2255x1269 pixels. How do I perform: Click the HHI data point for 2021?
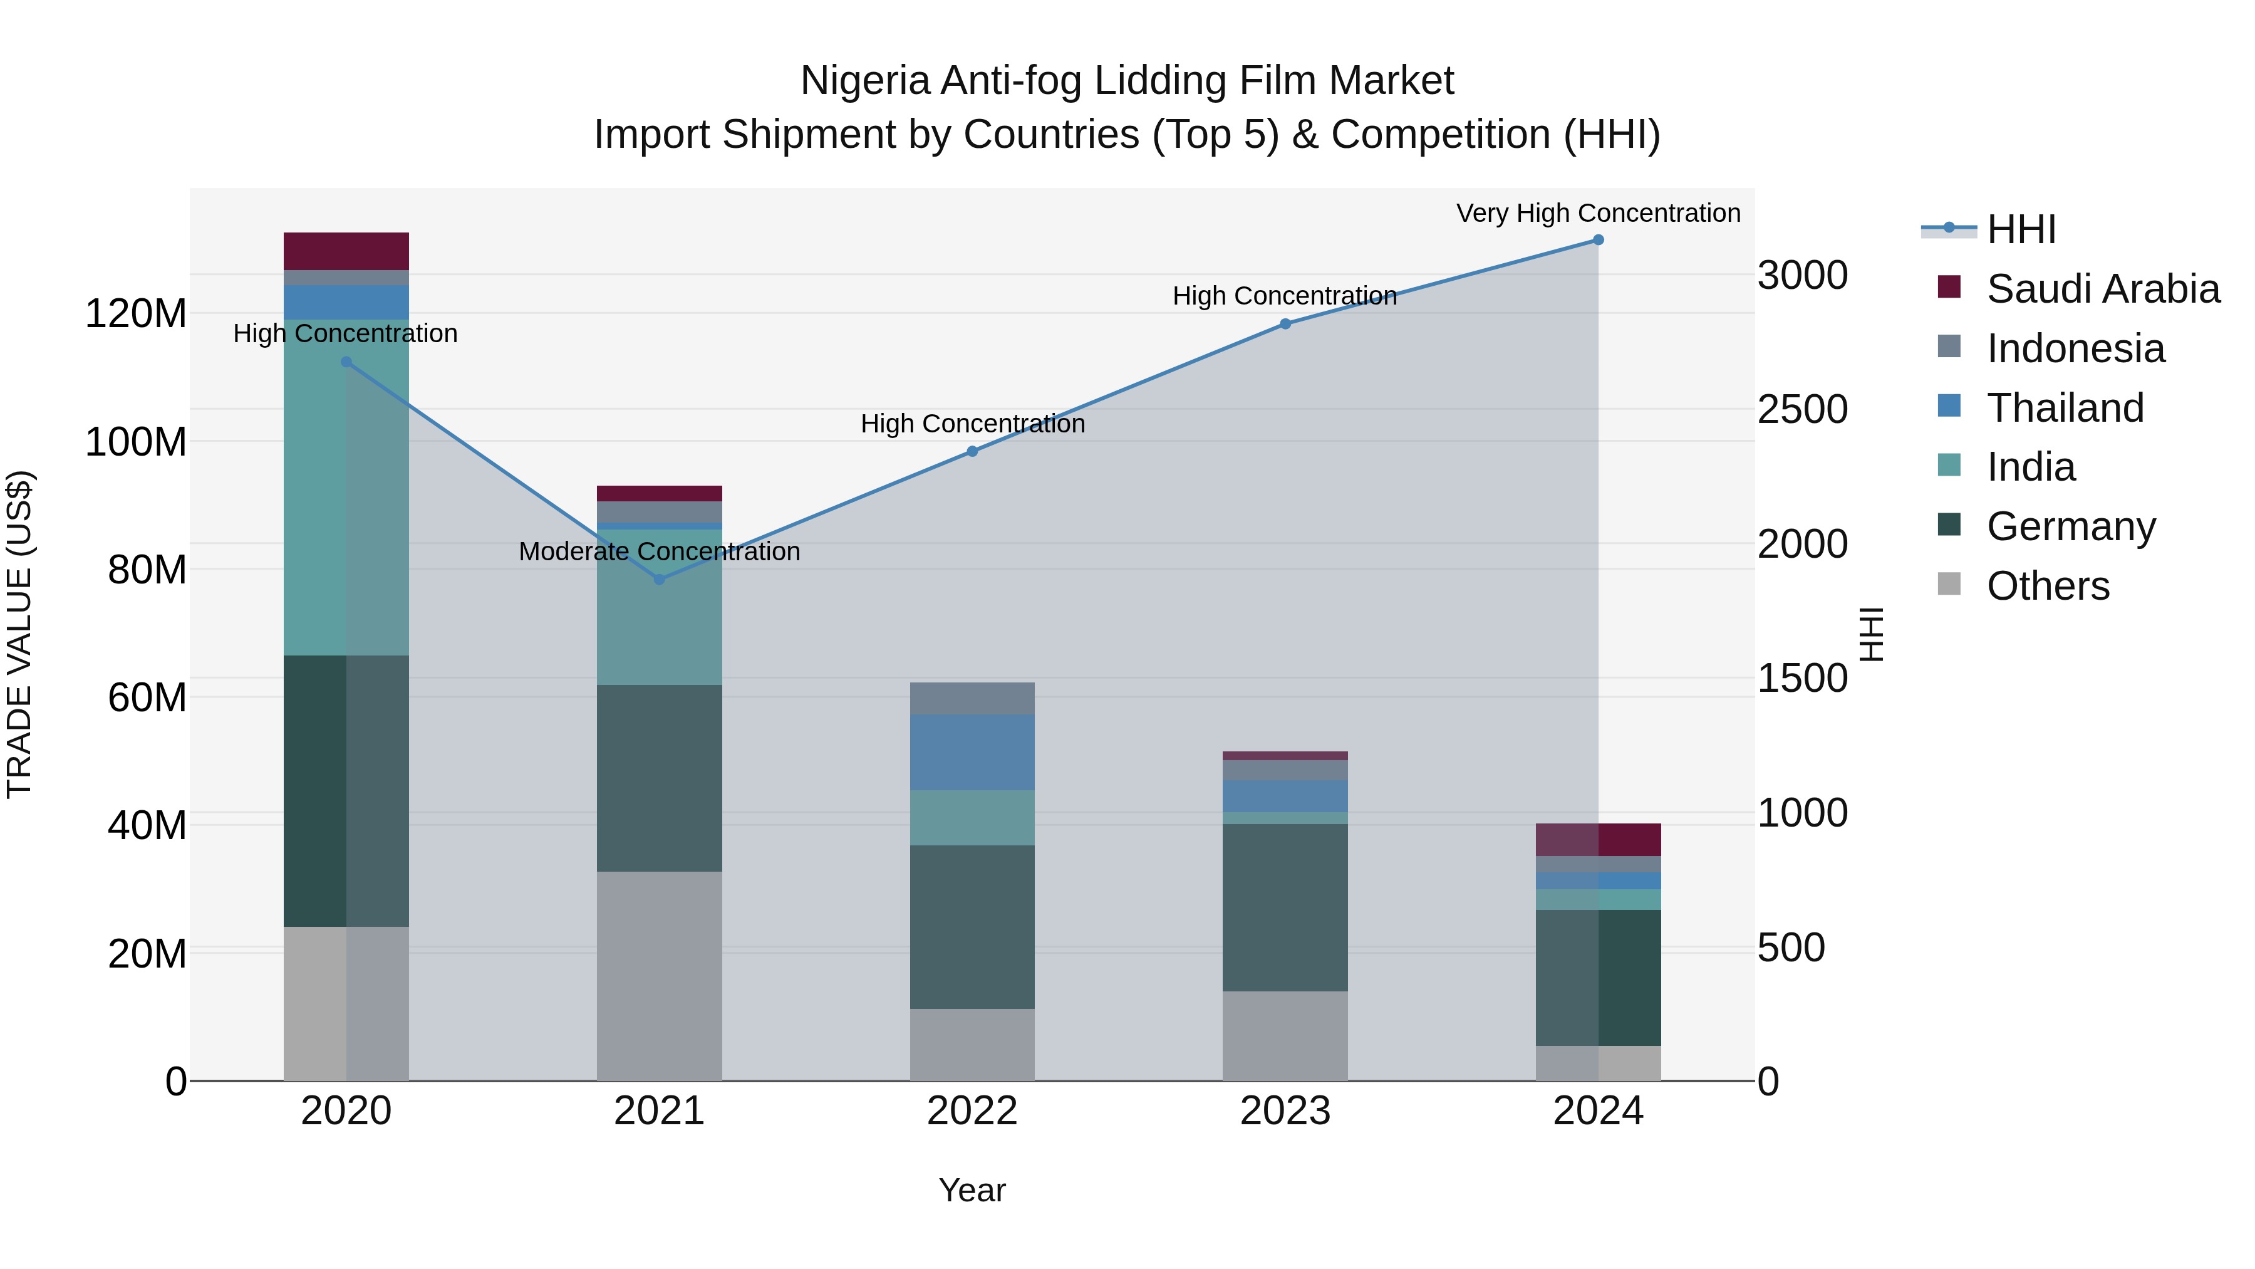(x=659, y=579)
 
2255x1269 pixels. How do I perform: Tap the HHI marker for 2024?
(x=1597, y=240)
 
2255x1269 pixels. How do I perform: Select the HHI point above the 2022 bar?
(x=972, y=451)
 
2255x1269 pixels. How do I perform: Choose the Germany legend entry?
(x=2070, y=526)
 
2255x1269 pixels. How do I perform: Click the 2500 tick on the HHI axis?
(x=1802, y=410)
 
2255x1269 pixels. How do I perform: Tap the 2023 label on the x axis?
(x=1284, y=1111)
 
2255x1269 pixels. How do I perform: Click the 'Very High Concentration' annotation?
(x=1597, y=213)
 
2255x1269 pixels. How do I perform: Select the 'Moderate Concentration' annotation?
(x=659, y=551)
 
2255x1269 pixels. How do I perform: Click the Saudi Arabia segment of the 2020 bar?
(x=346, y=251)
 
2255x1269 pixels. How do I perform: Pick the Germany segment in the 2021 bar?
(x=659, y=778)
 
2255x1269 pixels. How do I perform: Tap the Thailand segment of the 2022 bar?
(x=972, y=752)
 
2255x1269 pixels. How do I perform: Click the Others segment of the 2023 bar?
(x=1284, y=1036)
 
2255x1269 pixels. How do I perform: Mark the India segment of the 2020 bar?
(x=346, y=487)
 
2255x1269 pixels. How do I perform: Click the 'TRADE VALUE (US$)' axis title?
(x=19, y=634)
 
